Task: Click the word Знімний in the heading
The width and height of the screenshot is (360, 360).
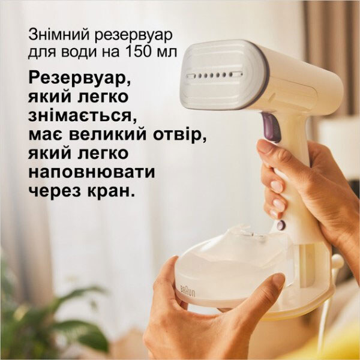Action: pos(59,35)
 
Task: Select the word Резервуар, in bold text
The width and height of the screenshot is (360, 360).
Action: pos(80,79)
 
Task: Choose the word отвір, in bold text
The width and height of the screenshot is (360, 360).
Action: pos(180,134)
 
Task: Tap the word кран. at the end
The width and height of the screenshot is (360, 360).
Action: pos(111,191)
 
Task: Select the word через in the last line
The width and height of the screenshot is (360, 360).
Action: pos(55,191)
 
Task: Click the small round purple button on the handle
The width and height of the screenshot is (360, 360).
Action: pos(281,224)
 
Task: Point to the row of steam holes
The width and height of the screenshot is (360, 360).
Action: pos(214,75)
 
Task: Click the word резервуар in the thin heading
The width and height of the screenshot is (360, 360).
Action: pos(134,36)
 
